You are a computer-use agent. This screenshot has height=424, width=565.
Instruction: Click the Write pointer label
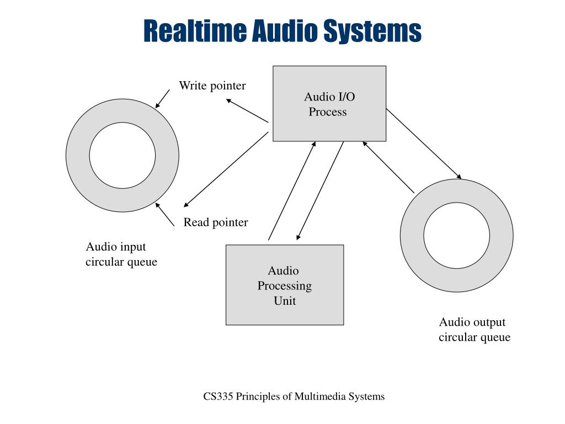click(212, 86)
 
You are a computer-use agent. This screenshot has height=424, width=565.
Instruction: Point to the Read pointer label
click(216, 222)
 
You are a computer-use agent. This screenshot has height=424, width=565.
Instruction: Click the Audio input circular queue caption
click(121, 254)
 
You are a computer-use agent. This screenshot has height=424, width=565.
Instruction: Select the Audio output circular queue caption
click(474, 330)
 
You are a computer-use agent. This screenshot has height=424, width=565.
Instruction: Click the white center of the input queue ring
click(122, 155)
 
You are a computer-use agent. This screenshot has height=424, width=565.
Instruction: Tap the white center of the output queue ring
click(456, 236)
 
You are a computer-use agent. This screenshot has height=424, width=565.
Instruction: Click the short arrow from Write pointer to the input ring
click(162, 99)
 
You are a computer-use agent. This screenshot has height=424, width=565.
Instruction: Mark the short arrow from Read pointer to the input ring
click(164, 214)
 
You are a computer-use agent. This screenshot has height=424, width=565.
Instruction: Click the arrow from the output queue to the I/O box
click(388, 167)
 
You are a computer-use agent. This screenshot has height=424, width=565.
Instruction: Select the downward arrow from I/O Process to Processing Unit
click(320, 191)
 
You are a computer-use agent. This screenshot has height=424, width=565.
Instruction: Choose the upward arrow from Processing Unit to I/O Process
click(292, 190)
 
